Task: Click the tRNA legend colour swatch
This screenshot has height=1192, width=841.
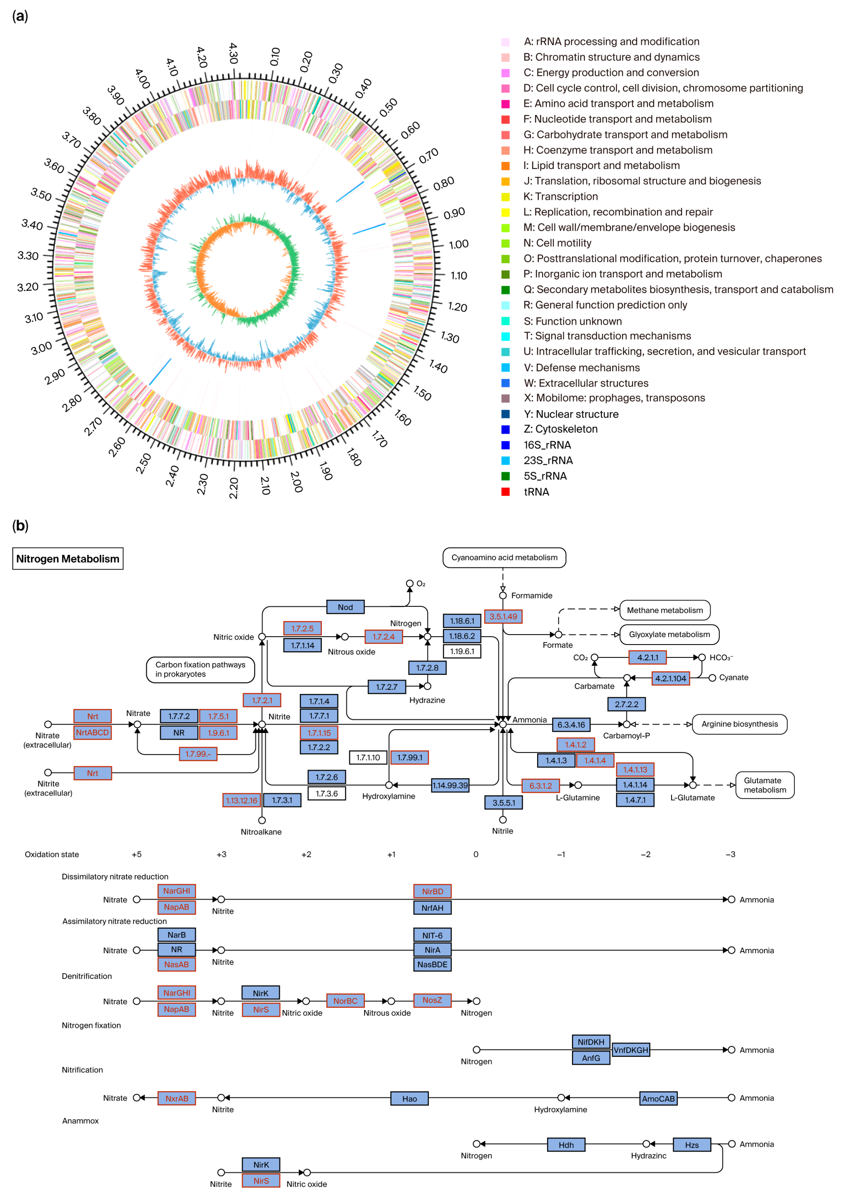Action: coord(505,492)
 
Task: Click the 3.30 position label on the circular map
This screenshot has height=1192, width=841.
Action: coord(28,255)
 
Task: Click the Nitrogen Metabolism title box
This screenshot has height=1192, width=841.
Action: coord(67,559)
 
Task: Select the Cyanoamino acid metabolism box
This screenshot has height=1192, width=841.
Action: coord(504,558)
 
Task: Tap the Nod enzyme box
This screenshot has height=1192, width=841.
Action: coord(345,607)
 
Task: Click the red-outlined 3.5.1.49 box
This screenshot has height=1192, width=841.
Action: coord(503,617)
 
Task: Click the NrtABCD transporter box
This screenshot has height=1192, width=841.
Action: coord(92,733)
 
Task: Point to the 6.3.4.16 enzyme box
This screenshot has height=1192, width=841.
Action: coord(571,725)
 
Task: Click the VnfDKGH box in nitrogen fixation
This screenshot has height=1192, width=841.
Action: coord(631,1050)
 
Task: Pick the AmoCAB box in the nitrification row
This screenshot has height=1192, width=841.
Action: coord(658,1099)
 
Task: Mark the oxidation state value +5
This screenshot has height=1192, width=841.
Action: coord(136,854)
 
